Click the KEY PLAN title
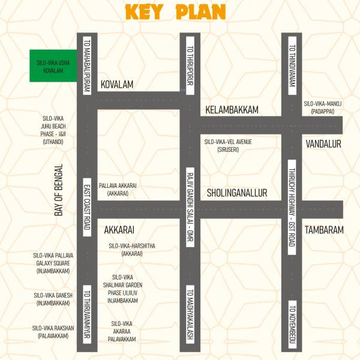coord(175,12)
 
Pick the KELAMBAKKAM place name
coord(232,110)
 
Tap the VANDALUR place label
coord(323,144)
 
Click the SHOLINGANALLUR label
coord(237,193)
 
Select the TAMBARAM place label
coord(324,230)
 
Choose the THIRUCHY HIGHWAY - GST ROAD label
coord(292,205)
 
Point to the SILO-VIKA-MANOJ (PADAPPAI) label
coord(323,107)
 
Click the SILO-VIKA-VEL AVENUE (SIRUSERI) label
coord(228,145)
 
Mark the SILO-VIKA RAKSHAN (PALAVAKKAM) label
coord(53,332)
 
